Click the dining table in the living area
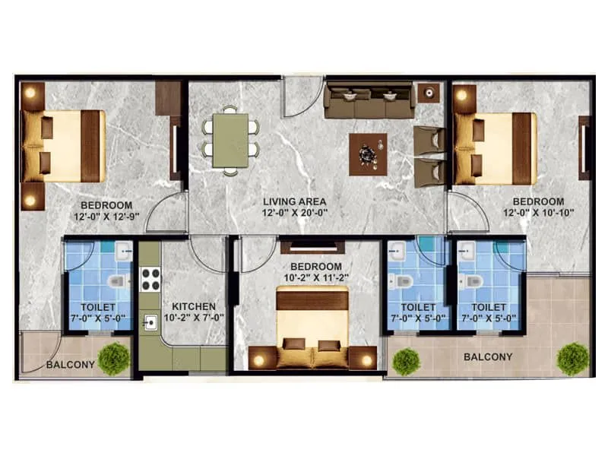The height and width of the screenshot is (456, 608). (230, 139)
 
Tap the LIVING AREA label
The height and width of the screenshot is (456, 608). (295, 201)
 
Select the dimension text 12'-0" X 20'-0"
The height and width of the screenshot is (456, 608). (295, 214)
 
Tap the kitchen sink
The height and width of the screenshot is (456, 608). (150, 322)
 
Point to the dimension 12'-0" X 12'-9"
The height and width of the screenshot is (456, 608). (106, 217)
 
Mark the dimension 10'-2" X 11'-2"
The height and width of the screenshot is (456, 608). (315, 278)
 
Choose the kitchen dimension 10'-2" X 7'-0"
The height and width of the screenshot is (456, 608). (194, 318)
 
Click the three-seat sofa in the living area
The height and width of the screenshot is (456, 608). (369, 101)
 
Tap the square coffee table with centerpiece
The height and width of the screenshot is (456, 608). (368, 154)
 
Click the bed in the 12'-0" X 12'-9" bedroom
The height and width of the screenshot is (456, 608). (63, 146)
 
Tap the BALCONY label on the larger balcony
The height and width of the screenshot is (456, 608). (487, 356)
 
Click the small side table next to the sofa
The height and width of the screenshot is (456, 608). (429, 93)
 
